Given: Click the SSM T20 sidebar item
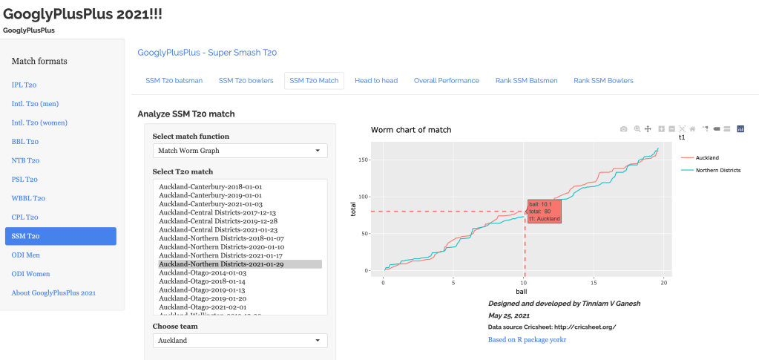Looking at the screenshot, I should pos(60,236).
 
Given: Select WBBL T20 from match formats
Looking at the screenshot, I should pos(28,198).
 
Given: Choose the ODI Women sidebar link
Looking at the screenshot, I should pos(30,274).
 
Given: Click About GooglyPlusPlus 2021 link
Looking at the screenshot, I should pos(53,292).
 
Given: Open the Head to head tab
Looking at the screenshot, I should pos(376,80).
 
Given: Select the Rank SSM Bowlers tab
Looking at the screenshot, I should pos(603,80).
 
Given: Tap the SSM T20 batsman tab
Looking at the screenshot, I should pos(174,80).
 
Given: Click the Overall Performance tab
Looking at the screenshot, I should pos(447,80).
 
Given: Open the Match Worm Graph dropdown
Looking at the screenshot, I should pos(240,151).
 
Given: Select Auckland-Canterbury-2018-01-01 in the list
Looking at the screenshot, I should pos(210,186).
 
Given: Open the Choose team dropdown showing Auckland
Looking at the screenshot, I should pos(240,340).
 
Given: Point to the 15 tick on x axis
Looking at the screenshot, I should pos(594,283).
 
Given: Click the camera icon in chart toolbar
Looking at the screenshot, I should pos(623,129).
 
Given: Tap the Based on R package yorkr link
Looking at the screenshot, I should pos(527,339).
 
